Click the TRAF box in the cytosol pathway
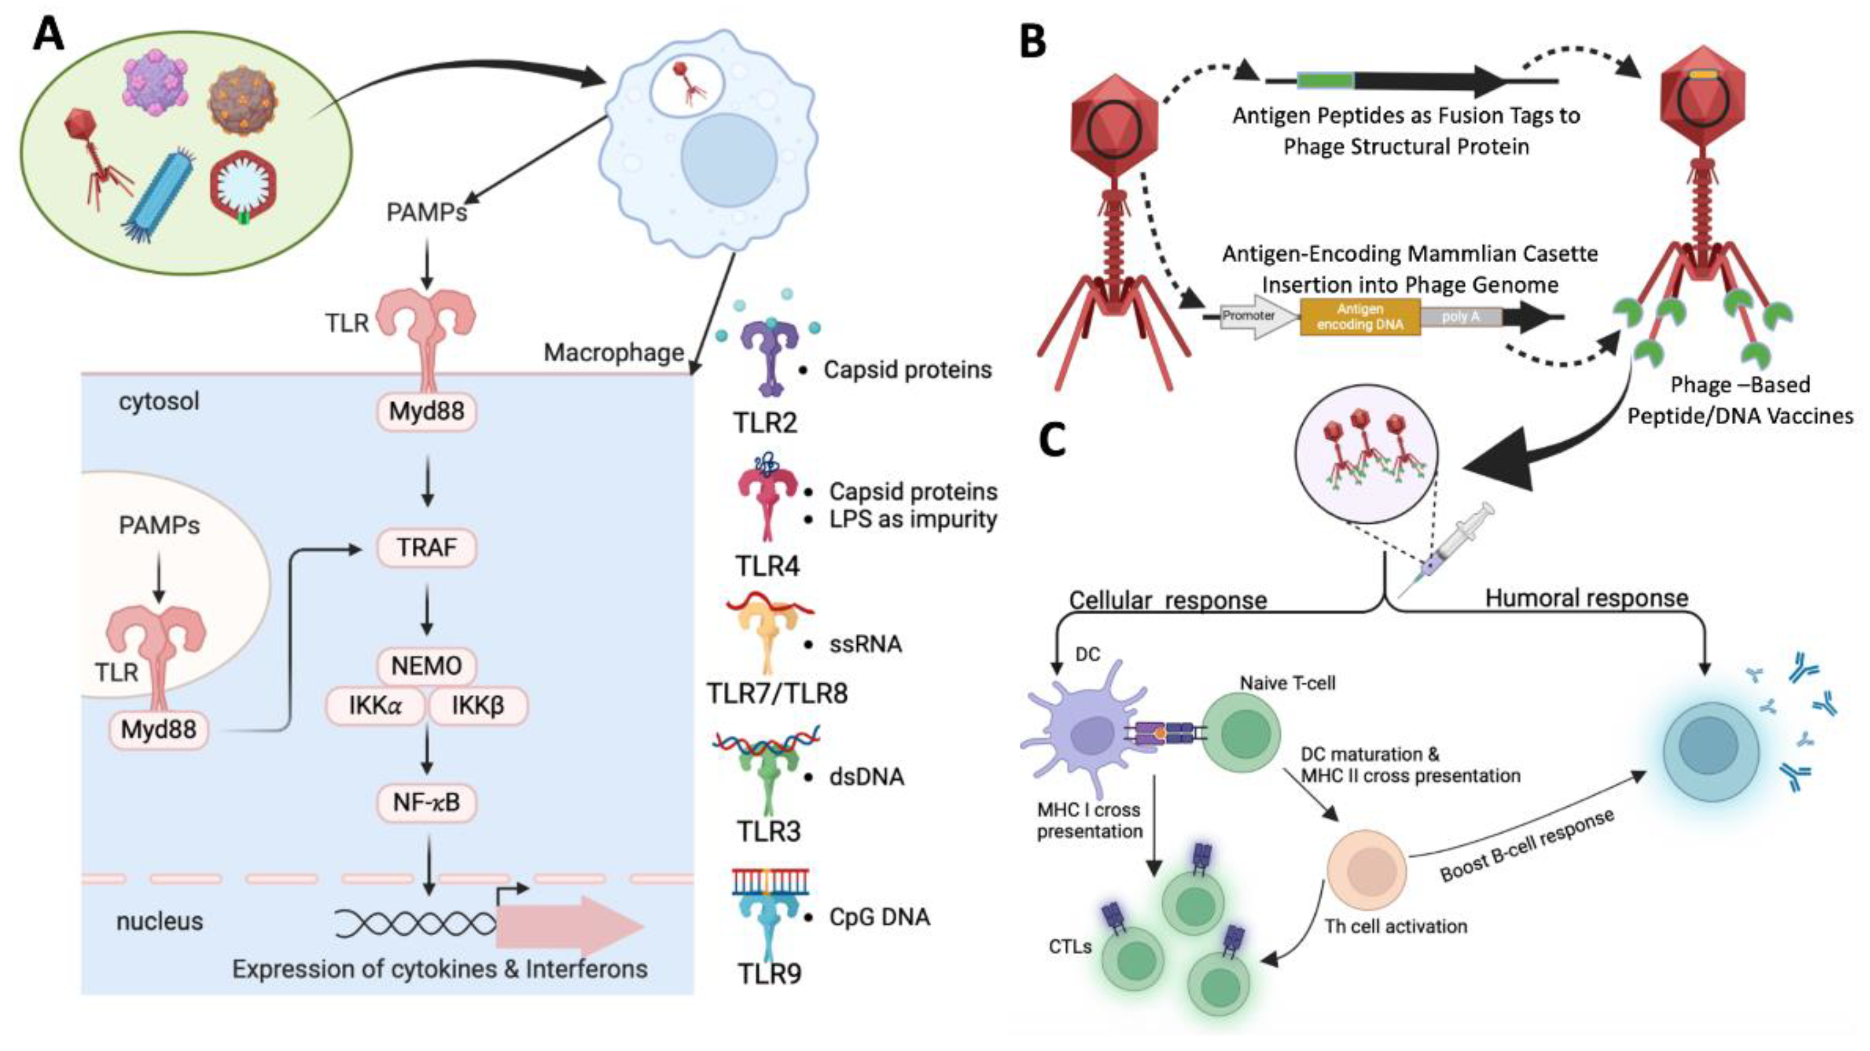pyautogui.click(x=427, y=548)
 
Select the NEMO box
pyautogui.click(x=427, y=666)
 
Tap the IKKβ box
pyautogui.click(x=478, y=705)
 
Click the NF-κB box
pyautogui.click(x=427, y=803)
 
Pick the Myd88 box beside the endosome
pyautogui.click(x=159, y=729)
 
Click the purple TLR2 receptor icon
pyautogui.click(x=770, y=356)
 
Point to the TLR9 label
pyautogui.click(x=770, y=974)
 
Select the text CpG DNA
pyautogui.click(x=879, y=917)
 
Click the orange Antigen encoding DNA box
pyautogui.click(x=1360, y=317)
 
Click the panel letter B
pyautogui.click(x=1033, y=41)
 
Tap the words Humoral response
pyautogui.click(x=1587, y=598)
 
